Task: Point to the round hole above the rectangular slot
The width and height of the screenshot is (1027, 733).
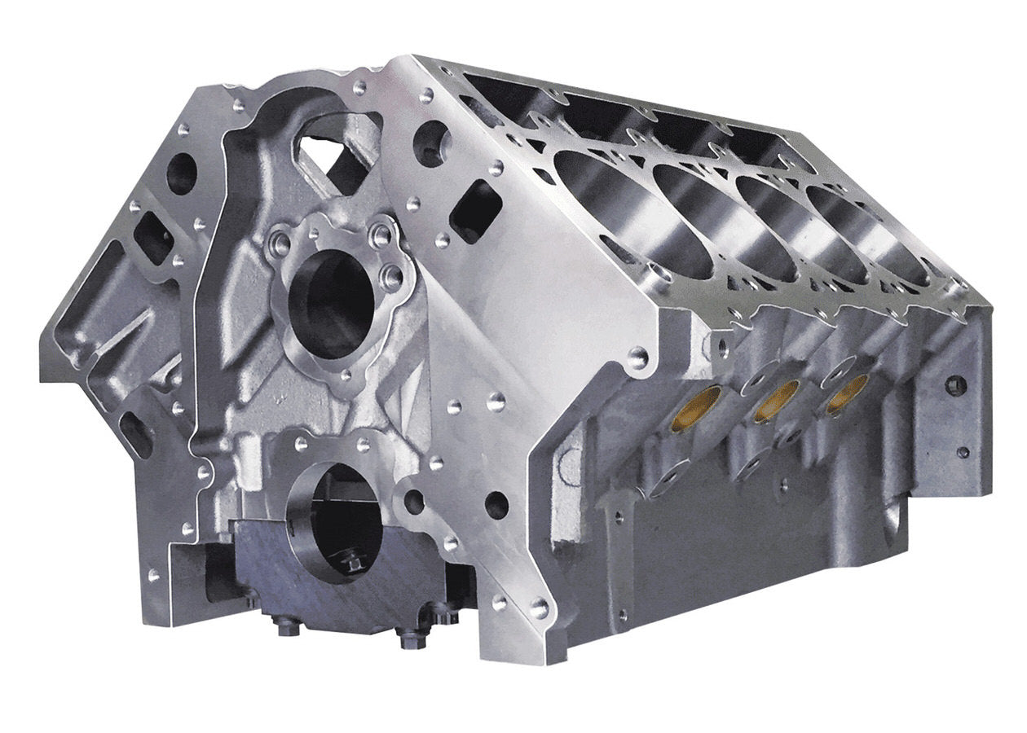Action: click(x=432, y=143)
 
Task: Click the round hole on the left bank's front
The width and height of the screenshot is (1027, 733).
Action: click(x=181, y=173)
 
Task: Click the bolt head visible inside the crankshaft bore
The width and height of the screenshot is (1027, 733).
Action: click(x=352, y=562)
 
